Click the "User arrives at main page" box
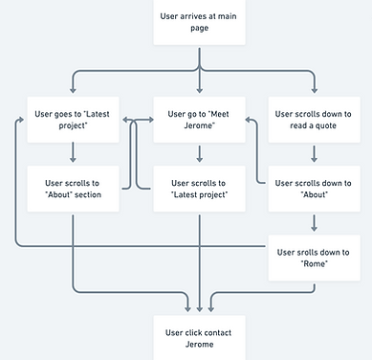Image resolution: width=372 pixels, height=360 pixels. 199,21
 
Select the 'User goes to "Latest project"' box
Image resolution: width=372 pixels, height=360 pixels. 72,120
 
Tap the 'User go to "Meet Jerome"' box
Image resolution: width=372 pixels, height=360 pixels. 199,120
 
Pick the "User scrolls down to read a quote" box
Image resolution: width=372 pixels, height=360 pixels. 314,120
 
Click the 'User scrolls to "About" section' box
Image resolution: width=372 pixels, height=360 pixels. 72,189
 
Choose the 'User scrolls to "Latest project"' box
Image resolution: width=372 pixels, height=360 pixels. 199,189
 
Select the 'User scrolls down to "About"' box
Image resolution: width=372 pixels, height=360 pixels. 314,189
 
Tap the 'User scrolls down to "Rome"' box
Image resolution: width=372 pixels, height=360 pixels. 314,258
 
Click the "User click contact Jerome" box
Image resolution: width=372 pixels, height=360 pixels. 199,338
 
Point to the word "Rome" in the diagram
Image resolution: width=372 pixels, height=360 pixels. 314,264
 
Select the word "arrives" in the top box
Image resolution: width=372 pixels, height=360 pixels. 199,14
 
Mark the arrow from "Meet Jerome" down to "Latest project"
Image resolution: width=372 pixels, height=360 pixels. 199,154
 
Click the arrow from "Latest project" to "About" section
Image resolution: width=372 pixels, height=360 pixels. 72,154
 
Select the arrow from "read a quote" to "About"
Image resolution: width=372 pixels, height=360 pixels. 314,154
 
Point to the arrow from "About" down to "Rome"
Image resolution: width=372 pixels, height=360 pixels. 314,223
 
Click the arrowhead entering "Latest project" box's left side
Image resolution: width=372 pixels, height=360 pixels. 20,121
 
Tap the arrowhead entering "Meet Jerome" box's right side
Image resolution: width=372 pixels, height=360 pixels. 248,121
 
